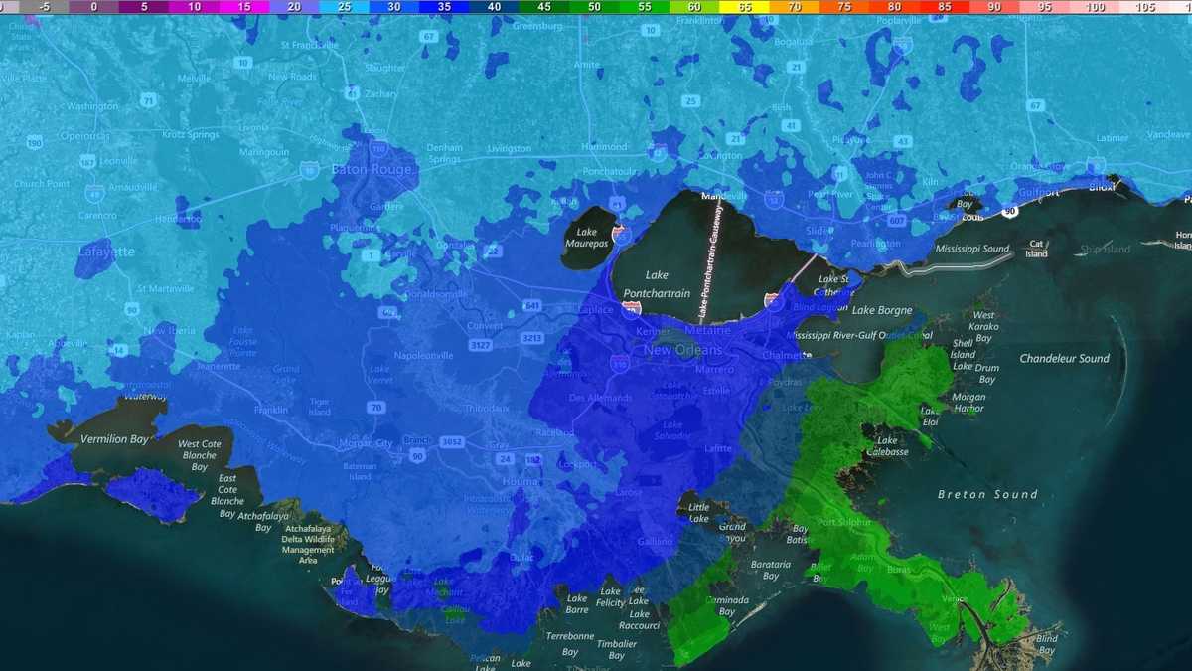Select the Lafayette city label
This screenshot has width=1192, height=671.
tap(106, 252)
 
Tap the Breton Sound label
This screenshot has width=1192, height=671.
tap(987, 494)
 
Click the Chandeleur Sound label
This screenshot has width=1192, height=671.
tap(1064, 358)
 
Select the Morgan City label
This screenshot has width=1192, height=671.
tap(366, 443)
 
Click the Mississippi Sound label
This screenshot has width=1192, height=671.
tap(971, 249)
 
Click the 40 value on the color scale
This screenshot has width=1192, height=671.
tap(494, 6)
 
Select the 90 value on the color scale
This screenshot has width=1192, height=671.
tap(994, 6)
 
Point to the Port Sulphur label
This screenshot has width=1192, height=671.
tap(843, 522)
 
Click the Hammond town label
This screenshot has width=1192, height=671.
tap(604, 146)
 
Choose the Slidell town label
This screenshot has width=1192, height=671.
tap(819, 231)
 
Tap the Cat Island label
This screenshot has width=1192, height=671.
tap(1037, 248)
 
